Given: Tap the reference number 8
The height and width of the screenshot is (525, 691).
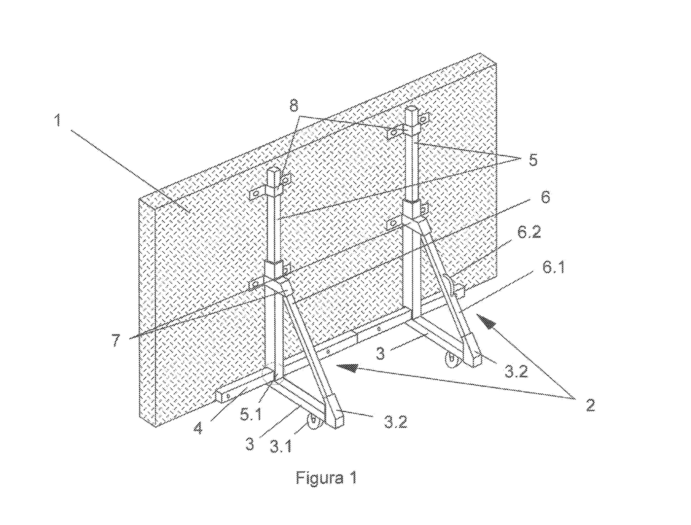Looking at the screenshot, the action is click(294, 106).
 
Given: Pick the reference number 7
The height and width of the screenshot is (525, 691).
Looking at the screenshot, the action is click(116, 340).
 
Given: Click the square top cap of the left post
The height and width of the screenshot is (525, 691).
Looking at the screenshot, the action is click(274, 171).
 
